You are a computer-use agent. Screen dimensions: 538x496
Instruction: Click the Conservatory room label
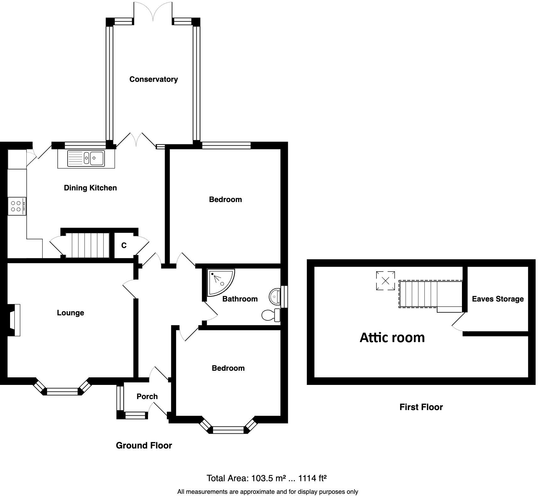coord(153,79)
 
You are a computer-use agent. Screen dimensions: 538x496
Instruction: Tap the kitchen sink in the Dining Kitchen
coord(86,158)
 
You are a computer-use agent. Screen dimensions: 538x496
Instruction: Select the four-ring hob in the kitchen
coord(17,206)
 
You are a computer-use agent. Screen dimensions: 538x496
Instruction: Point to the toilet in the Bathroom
coord(271,315)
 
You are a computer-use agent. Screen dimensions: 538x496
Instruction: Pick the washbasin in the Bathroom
coord(275,296)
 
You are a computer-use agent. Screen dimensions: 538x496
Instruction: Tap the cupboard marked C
coord(124,245)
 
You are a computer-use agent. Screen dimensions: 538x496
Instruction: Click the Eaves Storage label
coord(498,299)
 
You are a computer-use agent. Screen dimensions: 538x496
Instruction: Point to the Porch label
coord(147,397)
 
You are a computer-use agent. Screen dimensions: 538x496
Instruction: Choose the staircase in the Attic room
coord(431,295)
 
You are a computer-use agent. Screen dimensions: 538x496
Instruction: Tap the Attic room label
coord(392,337)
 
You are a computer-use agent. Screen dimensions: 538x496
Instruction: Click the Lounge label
coord(70,313)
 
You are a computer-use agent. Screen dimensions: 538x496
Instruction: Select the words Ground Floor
coord(144,445)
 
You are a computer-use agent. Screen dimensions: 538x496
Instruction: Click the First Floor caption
coord(421,407)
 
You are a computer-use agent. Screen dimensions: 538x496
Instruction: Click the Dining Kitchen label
coord(90,188)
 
